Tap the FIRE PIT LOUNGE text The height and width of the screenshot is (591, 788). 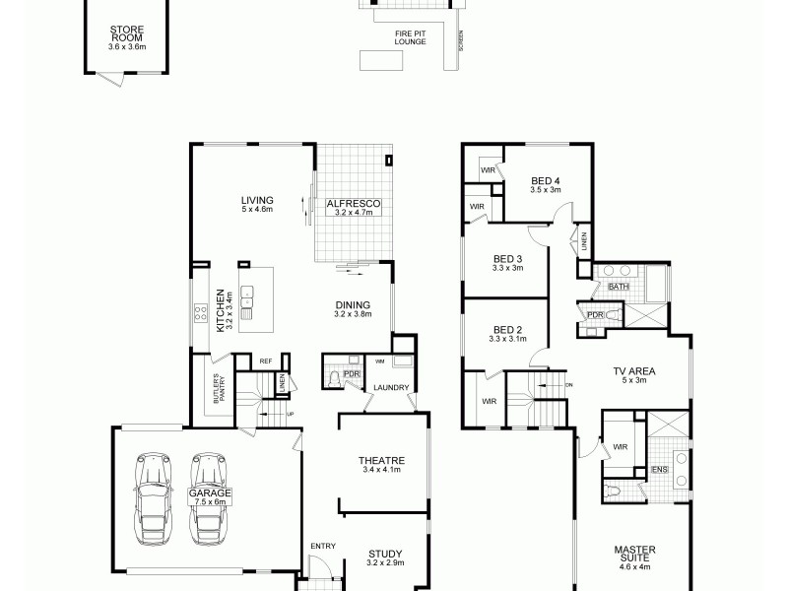[410, 38]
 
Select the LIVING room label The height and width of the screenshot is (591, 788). [257, 200]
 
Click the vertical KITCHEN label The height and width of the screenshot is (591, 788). [221, 308]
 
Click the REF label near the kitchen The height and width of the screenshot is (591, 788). [265, 361]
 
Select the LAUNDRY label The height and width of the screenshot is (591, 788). [391, 388]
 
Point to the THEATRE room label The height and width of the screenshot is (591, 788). [382, 460]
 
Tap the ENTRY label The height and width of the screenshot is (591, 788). [322, 546]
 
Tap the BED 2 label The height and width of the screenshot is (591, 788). [506, 329]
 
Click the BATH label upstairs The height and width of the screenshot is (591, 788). [619, 287]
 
